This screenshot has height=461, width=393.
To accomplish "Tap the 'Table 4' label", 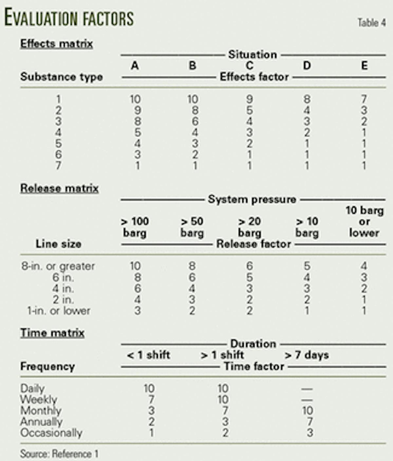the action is tap(371, 23).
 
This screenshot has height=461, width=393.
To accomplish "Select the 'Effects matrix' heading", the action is tap(57, 44).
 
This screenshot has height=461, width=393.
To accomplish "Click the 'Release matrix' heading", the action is tap(59, 188).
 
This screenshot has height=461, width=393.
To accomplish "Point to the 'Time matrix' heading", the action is tap(52, 333).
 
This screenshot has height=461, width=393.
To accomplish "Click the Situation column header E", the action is tap(364, 66).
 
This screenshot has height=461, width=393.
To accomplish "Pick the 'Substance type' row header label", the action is tap(62, 77).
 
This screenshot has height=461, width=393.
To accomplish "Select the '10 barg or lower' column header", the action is tap(364, 221).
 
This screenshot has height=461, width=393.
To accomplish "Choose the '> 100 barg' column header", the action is tap(135, 227).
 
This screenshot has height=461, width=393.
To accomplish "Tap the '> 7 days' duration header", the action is tap(307, 355).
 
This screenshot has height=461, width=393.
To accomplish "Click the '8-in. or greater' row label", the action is tap(58, 266).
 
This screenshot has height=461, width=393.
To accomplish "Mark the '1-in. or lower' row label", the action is tap(59, 311).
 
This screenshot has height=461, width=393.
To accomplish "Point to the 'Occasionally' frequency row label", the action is tap(51, 432).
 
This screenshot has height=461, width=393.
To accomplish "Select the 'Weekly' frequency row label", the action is tap(39, 399).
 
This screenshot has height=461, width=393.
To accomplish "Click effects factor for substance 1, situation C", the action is tap(250, 99).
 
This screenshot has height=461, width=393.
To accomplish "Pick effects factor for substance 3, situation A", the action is tap(138, 121).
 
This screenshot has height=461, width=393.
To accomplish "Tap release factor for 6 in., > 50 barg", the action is tap(192, 277).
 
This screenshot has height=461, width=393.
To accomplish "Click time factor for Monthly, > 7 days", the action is tap(308, 410).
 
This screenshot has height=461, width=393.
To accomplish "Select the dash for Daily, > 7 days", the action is tap(307, 389).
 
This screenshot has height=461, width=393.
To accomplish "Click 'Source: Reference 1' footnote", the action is tap(59, 454).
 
